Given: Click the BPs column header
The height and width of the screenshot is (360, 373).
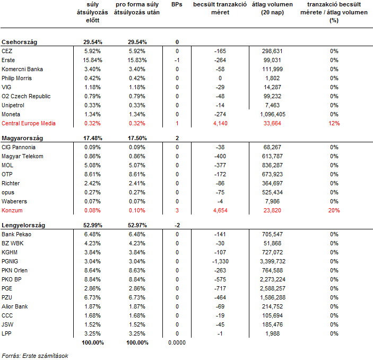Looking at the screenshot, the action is click(177, 4).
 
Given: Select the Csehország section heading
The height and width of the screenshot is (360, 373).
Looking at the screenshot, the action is click(19, 42).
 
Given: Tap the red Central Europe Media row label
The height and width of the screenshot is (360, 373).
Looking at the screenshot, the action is click(29, 123).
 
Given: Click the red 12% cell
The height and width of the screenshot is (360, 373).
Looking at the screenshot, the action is click(334, 123).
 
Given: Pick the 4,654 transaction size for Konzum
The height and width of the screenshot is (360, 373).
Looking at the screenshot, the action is click(220, 210).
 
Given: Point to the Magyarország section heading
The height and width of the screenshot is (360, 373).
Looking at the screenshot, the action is click(22, 139).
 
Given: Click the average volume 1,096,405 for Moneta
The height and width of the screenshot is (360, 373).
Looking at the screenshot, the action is click(273, 114).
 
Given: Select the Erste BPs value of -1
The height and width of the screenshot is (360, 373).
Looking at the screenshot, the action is click(177, 60).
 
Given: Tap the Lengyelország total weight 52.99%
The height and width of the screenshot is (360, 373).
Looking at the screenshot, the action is click(92, 225).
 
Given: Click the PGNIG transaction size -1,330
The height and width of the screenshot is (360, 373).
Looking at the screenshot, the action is click(220, 261).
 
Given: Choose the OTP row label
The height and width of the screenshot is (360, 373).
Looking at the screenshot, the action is click(7, 174).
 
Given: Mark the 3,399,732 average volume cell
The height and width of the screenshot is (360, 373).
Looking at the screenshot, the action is click(273, 261).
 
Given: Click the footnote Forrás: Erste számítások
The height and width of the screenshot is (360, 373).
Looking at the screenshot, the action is click(35, 356).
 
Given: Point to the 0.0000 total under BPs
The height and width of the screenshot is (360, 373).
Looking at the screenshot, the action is click(177, 342).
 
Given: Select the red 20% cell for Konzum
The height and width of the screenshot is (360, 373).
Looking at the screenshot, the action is click(334, 210).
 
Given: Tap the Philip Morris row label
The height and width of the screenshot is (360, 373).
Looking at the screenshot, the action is click(16, 78).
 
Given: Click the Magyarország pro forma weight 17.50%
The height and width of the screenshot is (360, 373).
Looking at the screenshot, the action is click(137, 139).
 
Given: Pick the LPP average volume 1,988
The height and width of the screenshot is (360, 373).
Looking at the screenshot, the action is click(273, 333).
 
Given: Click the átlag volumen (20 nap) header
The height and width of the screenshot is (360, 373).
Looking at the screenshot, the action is click(272, 8).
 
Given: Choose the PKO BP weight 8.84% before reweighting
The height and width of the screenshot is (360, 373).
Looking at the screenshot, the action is click(92, 279).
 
